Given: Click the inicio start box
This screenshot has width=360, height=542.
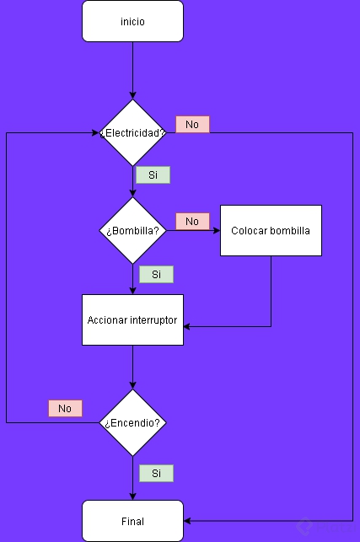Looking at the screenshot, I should tap(132, 21).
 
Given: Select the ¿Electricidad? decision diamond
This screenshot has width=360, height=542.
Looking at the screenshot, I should tap(132, 133).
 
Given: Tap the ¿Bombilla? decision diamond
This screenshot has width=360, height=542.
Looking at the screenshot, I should tap(132, 231).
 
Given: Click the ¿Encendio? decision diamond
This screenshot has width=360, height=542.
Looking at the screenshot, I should tap(132, 422).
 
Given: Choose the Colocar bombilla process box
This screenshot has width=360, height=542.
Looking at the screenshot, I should tap(271, 230).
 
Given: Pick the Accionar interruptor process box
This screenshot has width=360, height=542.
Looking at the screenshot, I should tap(132, 319).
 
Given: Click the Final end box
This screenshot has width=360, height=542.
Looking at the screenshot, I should tap(132, 521).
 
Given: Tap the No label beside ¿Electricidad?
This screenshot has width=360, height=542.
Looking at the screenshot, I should tap(192, 125).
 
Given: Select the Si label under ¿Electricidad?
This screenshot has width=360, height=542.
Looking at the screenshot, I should tap(153, 175).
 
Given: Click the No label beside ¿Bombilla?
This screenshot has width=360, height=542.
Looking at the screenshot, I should tap(192, 221).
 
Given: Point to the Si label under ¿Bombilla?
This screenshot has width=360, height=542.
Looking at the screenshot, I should tap(156, 275).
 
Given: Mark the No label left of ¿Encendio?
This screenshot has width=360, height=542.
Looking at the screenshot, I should tap(65, 409).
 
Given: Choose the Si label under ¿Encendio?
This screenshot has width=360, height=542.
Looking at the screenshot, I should tap(156, 474).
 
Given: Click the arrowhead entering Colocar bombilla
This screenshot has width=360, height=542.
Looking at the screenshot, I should tap(216, 231).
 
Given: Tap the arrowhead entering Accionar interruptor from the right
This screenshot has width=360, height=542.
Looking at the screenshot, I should tap(188, 326).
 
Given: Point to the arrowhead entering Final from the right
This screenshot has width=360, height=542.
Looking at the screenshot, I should tap(188, 521).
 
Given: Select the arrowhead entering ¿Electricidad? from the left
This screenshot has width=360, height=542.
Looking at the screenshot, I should tap(95, 133).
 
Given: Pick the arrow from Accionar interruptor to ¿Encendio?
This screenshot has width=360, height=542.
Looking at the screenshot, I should tap(132, 367).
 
